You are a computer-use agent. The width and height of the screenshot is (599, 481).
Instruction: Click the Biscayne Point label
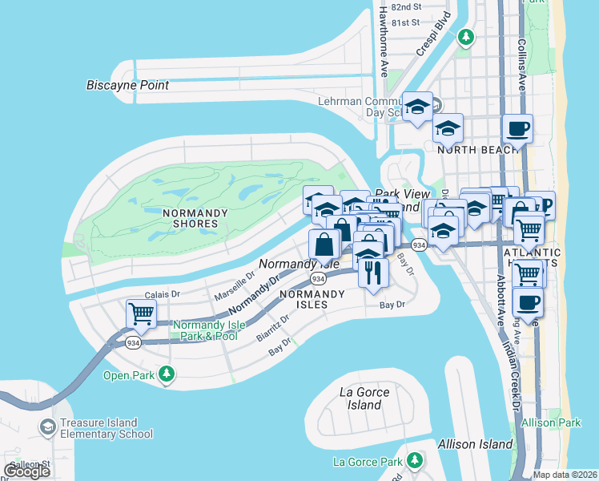point(127,85)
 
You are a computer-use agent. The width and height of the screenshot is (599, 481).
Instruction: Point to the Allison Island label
point(475,443)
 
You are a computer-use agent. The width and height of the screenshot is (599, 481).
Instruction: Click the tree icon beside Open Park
point(166,374)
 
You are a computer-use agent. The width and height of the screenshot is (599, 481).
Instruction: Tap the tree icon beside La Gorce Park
point(414,460)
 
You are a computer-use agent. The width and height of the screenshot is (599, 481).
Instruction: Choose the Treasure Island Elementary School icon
point(48,428)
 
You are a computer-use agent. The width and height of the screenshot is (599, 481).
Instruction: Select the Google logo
point(26,471)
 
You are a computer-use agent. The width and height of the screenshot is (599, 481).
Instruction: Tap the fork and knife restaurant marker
point(374,273)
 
